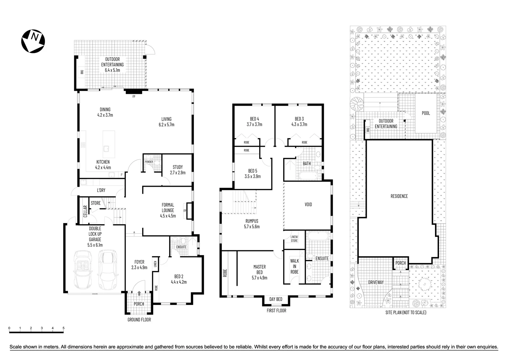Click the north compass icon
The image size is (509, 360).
[33, 41]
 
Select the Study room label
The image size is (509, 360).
[178, 167]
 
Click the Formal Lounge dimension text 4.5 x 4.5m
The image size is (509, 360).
[168, 216]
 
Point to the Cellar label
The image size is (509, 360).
[85, 211]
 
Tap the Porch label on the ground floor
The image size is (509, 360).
[139, 304]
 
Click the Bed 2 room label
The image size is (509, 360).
[179, 276]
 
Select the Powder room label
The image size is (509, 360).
[149, 162]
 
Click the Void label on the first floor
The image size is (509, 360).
[308, 204]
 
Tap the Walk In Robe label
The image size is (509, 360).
[294, 266]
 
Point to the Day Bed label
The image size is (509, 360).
[276, 299]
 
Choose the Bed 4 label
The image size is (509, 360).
[254, 119]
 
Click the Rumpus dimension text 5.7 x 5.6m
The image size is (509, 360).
[252, 226]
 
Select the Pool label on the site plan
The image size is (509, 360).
[426, 113]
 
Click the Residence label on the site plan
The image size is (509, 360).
[399, 196]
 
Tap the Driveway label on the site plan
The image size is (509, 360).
[376, 282]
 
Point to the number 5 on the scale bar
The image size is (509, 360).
[63, 328]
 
